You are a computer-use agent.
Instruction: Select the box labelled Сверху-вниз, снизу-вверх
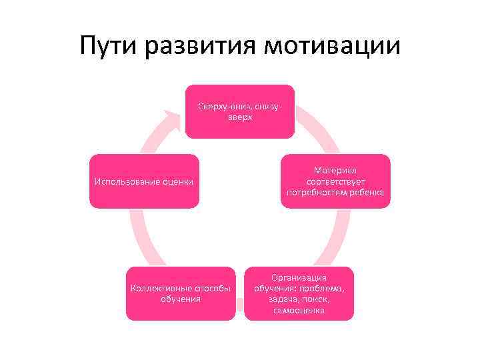point(239,111)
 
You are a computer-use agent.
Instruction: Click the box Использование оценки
point(145,181)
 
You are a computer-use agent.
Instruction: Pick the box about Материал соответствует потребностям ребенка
point(335,181)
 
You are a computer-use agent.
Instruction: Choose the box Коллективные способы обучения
point(180,293)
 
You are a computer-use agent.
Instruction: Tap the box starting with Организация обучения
point(299,293)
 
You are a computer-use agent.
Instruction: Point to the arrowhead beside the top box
point(175,119)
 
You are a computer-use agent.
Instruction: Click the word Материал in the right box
point(335,171)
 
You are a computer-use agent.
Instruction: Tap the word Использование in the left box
point(127,182)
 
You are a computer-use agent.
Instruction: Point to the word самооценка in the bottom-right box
point(299,310)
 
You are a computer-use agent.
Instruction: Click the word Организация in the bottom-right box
point(299,277)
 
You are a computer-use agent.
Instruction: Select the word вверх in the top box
point(240,117)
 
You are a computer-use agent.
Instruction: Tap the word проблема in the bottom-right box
point(322,288)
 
